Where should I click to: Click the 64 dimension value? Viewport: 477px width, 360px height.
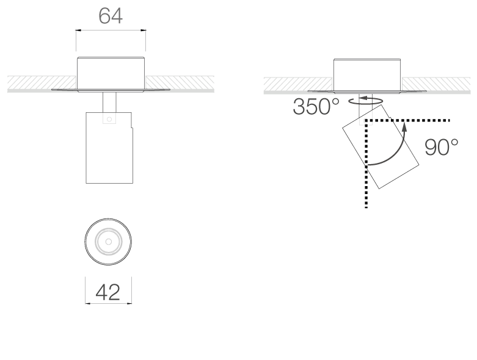[110, 16]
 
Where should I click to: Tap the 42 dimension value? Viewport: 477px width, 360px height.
[108, 293]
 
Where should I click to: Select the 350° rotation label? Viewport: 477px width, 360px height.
[316, 107]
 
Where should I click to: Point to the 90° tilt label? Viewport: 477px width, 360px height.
[441, 148]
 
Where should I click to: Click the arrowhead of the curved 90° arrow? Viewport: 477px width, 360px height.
[404, 126]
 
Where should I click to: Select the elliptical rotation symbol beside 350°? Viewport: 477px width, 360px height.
[366, 101]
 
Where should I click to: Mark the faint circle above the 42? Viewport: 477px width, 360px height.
[109, 242]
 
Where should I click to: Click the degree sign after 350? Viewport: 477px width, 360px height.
[335, 101]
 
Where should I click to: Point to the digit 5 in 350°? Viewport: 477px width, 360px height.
[316, 107]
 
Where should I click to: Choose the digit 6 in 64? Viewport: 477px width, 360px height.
[104, 16]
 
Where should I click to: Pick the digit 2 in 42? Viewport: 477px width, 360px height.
[114, 293]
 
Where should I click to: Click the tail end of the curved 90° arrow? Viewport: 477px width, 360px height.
[368, 165]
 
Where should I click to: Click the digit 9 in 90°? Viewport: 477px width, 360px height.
[431, 148]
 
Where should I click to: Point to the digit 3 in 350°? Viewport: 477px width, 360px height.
[300, 107]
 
